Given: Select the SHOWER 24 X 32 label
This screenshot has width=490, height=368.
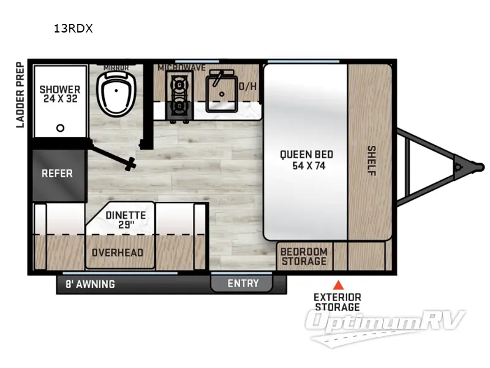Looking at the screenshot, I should click(x=60, y=94).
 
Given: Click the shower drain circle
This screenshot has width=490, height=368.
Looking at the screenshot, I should click(x=60, y=128).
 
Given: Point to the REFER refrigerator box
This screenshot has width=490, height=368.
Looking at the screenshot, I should click(x=57, y=174).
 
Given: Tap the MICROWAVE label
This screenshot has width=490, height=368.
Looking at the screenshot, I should click(x=181, y=67).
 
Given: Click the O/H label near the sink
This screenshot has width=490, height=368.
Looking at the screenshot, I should click(x=248, y=86).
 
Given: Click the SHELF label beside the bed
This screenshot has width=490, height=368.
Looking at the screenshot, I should click(x=371, y=160).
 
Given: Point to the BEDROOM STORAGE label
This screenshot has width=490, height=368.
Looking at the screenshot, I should click(x=304, y=256).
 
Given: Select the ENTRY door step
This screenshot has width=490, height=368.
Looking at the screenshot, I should click(x=243, y=283).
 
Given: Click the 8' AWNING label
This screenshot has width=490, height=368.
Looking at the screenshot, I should click(x=90, y=284).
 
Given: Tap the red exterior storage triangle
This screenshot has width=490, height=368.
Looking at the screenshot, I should click(x=337, y=285).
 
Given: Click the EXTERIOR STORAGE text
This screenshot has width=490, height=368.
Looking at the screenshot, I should click(x=337, y=302).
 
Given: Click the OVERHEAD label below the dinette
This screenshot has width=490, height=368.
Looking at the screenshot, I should click(x=118, y=253).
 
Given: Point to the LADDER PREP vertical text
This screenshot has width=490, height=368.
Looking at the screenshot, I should click(x=20, y=94).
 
